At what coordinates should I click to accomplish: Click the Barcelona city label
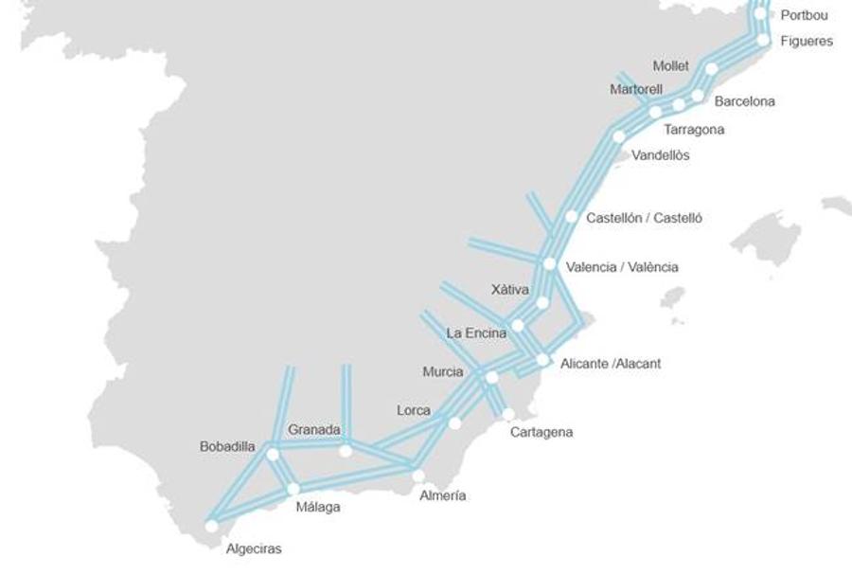[744, 101]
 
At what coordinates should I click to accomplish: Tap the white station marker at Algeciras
[211, 526]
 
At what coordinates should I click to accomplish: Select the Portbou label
[804, 15]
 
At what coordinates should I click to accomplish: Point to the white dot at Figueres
[763, 40]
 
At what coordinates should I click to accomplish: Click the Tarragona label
[694, 130]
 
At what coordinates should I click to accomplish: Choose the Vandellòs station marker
[619, 136]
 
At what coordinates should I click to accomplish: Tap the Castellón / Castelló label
[644, 218]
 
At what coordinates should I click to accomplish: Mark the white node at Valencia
[549, 263]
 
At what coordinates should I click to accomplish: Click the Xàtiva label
[510, 290]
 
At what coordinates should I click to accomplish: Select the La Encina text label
[476, 333]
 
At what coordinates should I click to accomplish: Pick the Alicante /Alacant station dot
[542, 360]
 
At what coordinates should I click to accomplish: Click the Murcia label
[443, 372]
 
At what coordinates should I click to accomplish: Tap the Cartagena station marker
[508, 414]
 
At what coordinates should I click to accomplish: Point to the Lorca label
[414, 411]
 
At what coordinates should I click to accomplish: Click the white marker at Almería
[417, 476]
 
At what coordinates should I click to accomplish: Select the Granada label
[314, 430]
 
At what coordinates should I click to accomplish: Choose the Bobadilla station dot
[273, 455]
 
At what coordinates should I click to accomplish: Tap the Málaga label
[318, 508]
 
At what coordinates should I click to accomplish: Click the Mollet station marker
[711, 68]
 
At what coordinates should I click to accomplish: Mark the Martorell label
[636, 90]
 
